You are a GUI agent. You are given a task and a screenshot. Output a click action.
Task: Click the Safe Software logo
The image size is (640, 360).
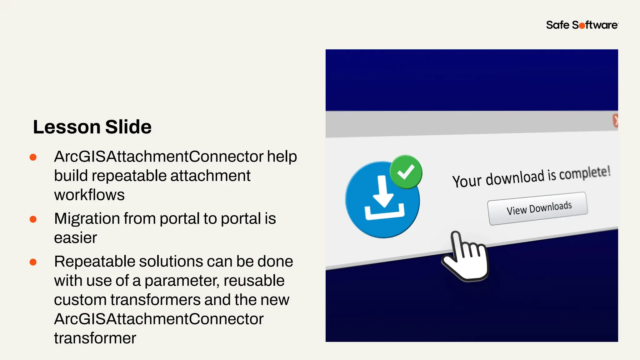pos(582,25)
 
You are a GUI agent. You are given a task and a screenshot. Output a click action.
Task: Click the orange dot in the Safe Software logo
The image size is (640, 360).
pos(582,26)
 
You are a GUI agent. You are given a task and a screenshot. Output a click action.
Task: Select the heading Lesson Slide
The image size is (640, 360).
pos(92,127)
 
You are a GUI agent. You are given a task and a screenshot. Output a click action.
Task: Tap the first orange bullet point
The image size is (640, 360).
pos(33,157)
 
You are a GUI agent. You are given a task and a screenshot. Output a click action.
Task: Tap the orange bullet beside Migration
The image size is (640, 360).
pos(33,219)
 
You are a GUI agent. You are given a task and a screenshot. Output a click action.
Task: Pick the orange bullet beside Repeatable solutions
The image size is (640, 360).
pos(33,262)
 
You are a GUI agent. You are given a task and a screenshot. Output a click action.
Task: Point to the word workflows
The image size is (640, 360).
pos(89,195)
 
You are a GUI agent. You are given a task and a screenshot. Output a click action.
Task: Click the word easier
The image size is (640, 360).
pos(76,238)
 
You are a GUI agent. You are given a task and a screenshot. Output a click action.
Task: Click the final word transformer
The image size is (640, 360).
pos(95,338)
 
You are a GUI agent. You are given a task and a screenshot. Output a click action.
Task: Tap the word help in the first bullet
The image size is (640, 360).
pos(282,157)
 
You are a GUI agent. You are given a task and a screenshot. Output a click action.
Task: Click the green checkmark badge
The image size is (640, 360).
pos(406,172)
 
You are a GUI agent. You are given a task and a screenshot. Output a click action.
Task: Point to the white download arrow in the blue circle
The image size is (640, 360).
pos(383,194)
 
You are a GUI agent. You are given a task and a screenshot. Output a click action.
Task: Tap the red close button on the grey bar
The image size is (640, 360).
pos(615,121)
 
